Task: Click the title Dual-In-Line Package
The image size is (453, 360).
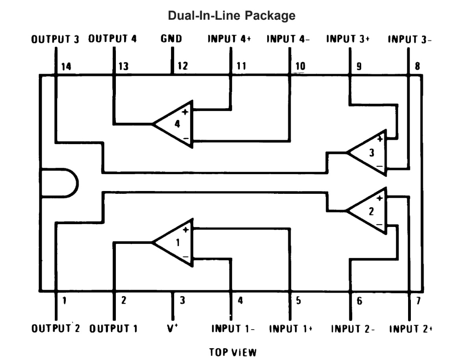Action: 232,16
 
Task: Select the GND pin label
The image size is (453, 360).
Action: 171,39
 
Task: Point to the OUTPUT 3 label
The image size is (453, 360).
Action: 55,39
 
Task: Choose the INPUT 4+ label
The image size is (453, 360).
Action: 229,39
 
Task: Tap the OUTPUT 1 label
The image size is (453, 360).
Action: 113,328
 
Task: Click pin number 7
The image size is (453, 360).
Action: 418,301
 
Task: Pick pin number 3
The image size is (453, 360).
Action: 182,301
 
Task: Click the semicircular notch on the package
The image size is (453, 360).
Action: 59,183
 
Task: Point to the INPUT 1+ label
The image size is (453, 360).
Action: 291,328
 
